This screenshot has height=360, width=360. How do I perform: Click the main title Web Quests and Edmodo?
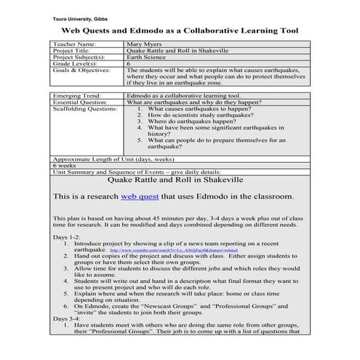[x=180, y=32]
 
